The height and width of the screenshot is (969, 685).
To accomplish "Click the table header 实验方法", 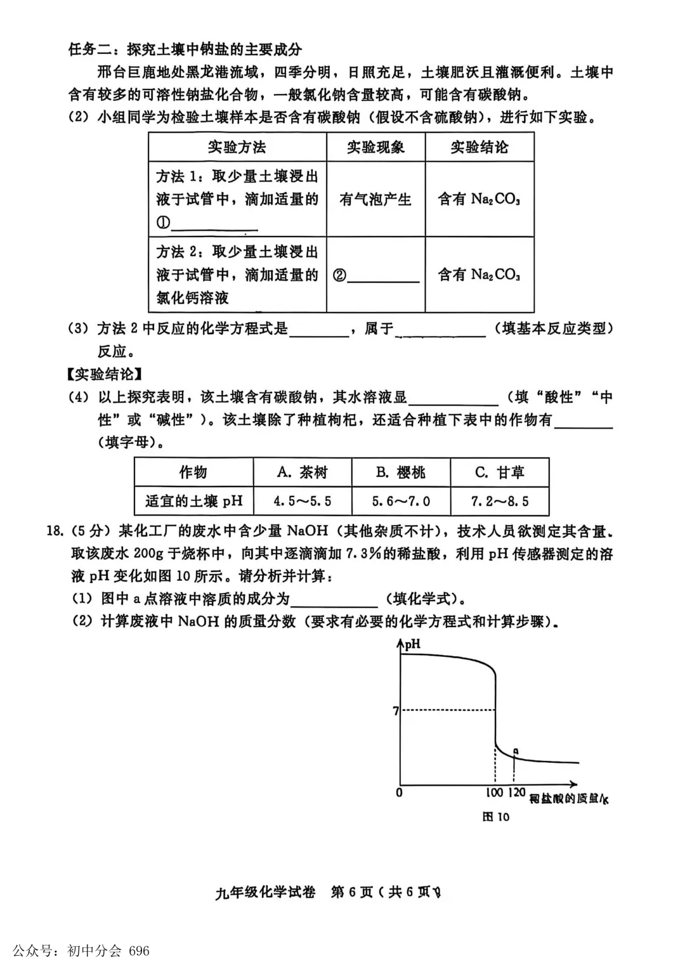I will [237, 147].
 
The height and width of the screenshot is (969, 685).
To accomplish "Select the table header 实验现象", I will [375, 147].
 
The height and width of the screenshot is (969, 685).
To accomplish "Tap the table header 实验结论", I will [480, 147].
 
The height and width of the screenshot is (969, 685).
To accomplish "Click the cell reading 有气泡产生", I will [375, 199].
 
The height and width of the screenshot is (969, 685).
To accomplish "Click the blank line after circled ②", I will [383, 275].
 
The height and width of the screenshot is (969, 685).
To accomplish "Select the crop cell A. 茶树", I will [303, 472].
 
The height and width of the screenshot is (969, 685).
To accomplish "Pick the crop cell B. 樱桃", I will [401, 472].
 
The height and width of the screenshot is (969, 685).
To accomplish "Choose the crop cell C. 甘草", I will [500, 472].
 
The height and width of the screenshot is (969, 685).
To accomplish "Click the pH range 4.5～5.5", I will [303, 501].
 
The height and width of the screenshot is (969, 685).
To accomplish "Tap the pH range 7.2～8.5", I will [500, 501].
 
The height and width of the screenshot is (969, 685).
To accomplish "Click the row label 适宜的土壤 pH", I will [194, 501].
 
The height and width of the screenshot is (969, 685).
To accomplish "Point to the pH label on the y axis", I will [412, 644].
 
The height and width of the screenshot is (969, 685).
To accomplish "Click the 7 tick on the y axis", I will [396, 711].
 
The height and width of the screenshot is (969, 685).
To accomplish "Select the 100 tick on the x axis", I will [495, 793].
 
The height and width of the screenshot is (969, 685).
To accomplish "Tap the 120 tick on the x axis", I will [517, 793].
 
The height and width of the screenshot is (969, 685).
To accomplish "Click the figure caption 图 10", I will [495, 817].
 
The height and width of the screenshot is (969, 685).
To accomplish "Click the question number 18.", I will [55, 531].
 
